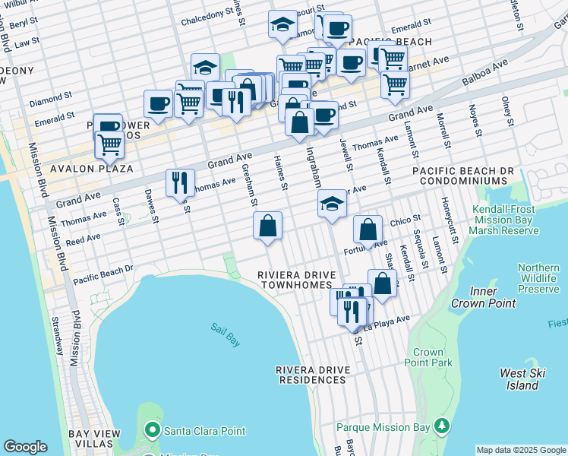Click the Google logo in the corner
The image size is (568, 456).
point(25,447)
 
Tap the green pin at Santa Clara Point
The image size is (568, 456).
point(153,431)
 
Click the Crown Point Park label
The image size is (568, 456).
point(433,357)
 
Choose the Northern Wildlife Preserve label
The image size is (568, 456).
point(538,278)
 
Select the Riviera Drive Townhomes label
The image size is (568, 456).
point(293,279)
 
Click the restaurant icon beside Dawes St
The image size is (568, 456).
point(180,182)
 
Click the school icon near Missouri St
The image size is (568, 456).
point(282,24)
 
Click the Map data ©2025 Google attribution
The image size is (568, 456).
point(521,450)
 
